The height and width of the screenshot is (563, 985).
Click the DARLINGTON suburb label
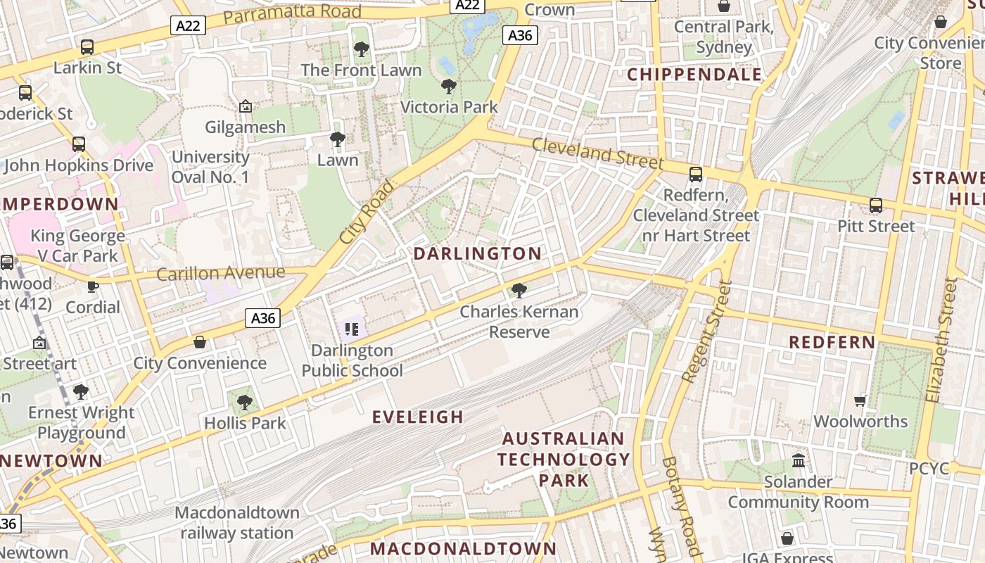(478, 253)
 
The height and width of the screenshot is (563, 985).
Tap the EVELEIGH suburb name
(418, 417)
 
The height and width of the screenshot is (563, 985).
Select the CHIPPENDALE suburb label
(694, 75)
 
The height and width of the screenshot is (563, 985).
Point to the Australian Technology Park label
(563, 460)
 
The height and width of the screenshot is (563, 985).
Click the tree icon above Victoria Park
(448, 87)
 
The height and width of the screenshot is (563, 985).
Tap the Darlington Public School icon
(352, 329)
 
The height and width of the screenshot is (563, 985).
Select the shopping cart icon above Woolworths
(860, 400)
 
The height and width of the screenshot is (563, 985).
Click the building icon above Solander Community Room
(799, 461)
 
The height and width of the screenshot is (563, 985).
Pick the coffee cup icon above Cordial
(92, 286)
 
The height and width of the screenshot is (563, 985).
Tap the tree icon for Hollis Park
(244, 403)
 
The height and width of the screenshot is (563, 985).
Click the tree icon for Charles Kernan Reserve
(519, 290)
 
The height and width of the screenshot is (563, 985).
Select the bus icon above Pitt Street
(876, 205)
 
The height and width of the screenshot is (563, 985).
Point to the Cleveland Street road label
(597, 153)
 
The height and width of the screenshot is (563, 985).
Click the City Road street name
(367, 213)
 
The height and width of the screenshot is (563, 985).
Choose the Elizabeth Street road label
(943, 340)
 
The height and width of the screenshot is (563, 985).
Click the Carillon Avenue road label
(221, 273)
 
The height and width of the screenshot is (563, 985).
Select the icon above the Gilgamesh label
(246, 107)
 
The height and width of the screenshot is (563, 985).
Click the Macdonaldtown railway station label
(237, 522)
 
